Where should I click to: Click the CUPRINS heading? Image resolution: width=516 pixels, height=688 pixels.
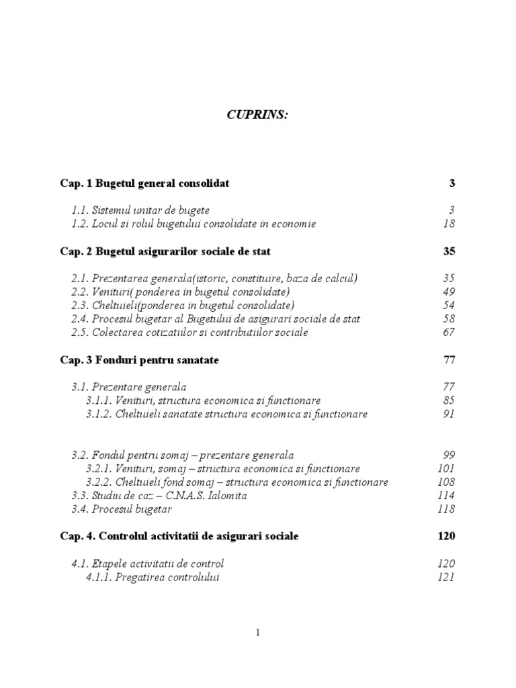click(257, 115)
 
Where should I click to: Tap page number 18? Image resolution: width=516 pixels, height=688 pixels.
click(449, 224)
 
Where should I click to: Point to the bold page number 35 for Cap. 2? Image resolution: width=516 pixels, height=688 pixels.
click(449, 251)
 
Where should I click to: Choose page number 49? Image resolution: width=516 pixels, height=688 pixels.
click(449, 292)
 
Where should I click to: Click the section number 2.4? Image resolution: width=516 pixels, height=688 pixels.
click(80, 319)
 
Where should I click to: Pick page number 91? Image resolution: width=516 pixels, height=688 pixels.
click(449, 415)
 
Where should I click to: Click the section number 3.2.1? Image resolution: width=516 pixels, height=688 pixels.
click(99, 469)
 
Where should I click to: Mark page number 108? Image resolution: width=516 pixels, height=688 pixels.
click(446, 482)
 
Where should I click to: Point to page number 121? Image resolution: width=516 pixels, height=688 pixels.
click(446, 578)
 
